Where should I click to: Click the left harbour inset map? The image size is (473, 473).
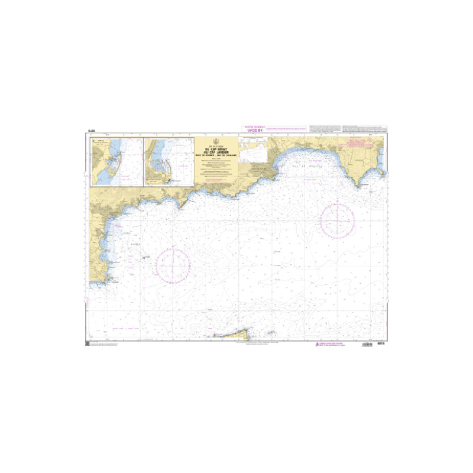coord(116,163)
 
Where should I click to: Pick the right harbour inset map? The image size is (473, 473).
coord(169,163)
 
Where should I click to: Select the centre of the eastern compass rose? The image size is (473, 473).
coord(337,219)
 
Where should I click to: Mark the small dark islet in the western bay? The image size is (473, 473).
coord(144,257)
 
